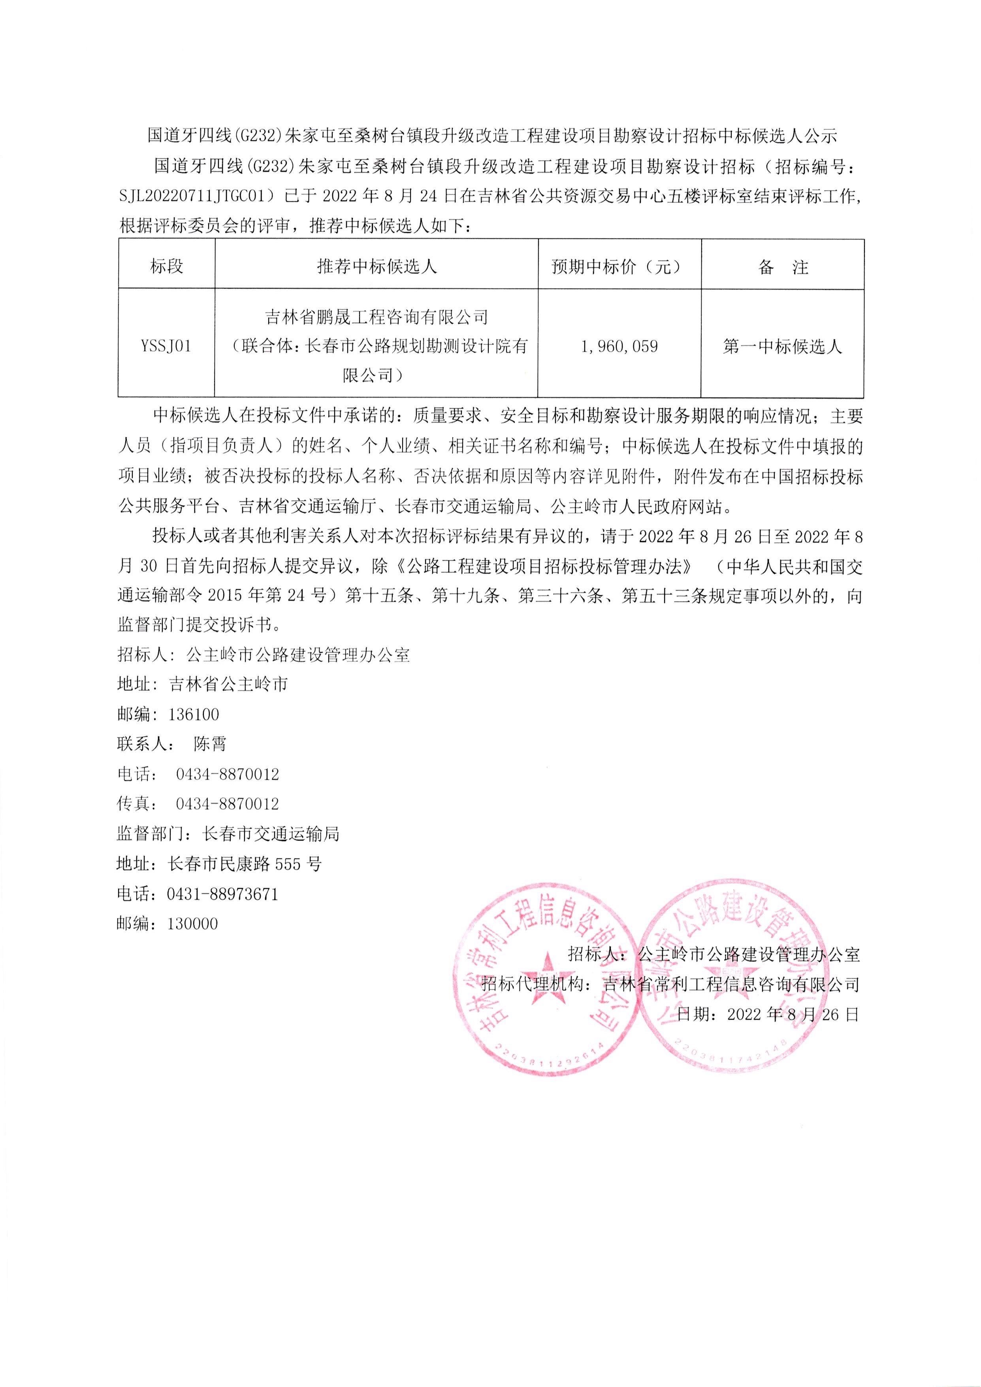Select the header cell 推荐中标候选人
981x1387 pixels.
pos(377,266)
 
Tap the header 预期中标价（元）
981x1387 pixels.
pos(619,266)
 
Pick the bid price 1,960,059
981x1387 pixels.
pos(619,347)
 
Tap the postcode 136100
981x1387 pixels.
pos(194,714)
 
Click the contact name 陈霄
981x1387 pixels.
pos(210,744)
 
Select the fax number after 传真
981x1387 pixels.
pos(227,804)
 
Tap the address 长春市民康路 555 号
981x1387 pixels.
pos(245,864)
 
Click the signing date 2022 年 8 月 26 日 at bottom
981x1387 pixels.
pos(793,1014)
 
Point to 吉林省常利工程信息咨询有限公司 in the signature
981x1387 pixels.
pos(732,985)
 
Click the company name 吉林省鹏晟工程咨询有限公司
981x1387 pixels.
pos(377,317)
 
